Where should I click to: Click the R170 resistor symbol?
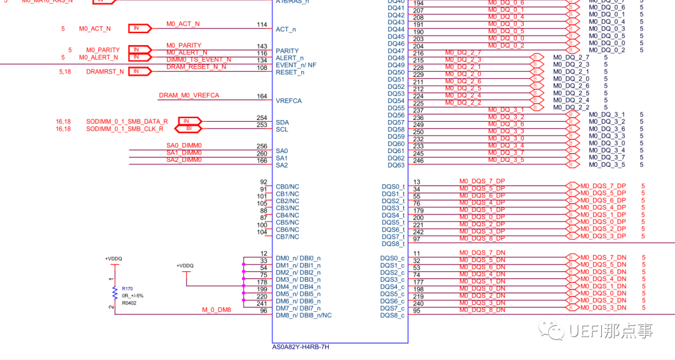(114, 292)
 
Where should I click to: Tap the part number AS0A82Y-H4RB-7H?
(300, 347)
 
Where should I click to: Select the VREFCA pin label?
(288, 101)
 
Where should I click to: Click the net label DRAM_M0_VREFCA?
(189, 96)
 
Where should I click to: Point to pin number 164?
(262, 96)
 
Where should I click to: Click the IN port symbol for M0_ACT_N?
(140, 28)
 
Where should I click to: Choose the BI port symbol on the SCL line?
(190, 128)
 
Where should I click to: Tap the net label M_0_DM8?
(216, 310)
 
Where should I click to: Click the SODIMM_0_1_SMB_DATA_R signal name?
(127, 121)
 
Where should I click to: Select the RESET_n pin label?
(289, 72)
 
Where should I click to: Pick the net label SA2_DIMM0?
(184, 160)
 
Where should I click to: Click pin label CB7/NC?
(287, 236)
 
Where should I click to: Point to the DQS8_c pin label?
(392, 315)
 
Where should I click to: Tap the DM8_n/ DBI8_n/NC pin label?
(304, 315)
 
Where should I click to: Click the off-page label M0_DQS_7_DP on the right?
(602, 186)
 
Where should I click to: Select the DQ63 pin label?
(396, 165)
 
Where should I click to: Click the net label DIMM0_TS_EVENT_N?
(198, 60)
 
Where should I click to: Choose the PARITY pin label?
(287, 51)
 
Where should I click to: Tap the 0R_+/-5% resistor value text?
(132, 296)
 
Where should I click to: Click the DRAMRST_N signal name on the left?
(104, 72)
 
